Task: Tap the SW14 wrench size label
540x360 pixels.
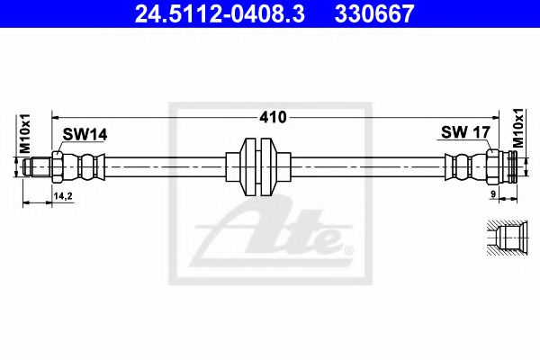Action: coord(85,134)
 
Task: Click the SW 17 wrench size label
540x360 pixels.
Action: coord(464,133)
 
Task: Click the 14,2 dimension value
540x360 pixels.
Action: coord(63,195)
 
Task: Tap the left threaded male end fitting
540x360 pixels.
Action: coord(39,166)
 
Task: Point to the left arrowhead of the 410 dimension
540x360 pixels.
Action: coord(56,117)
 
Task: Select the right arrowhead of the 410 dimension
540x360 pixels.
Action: coord(507,117)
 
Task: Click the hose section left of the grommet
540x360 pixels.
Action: coord(166,166)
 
